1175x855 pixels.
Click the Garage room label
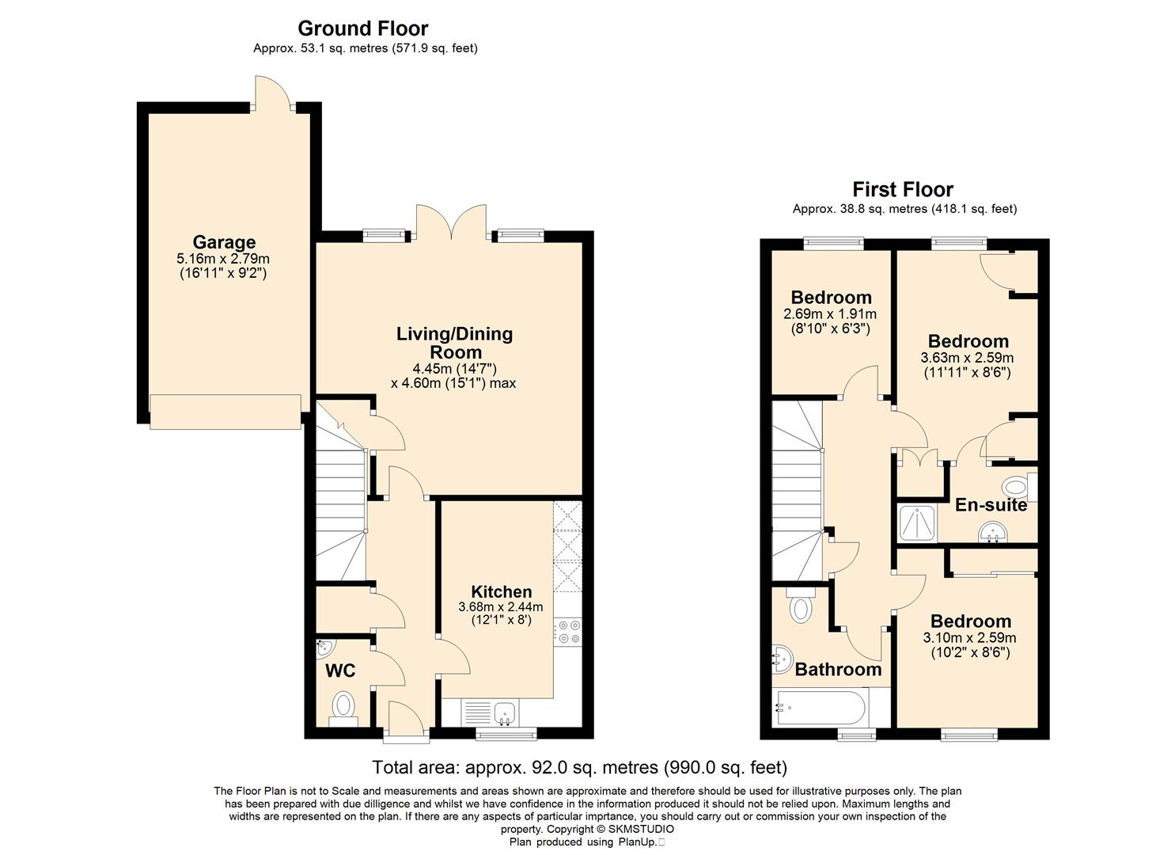pos(224,242)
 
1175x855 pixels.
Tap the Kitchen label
pos(502,591)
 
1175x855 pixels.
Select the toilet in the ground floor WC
pos(343,709)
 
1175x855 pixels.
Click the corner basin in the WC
pos(325,648)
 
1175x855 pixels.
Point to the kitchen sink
pos(505,713)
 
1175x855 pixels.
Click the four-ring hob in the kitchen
pos(569,632)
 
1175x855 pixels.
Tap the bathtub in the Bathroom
pos(821,708)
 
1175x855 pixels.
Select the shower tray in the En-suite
pos(917,522)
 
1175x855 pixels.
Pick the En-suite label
pos(991,505)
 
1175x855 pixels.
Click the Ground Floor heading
pos(363,28)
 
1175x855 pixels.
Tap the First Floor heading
pos(903,189)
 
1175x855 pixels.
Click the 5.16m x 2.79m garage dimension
pos(223,259)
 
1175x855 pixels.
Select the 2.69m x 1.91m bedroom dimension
pos(830,313)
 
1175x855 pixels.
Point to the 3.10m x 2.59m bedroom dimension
pos(969,638)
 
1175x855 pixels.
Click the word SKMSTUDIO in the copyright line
pos(641,830)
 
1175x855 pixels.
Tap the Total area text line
pos(580,767)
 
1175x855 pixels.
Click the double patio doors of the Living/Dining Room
pos(450,223)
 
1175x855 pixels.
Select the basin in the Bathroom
pos(782,659)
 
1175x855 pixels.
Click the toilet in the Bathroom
pos(801,605)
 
